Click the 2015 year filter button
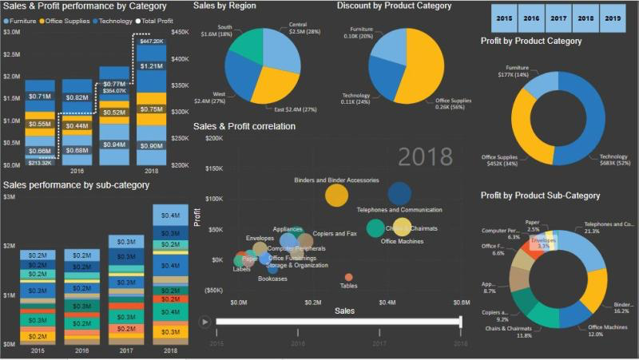tap(504, 17)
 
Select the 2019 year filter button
tap(611, 17)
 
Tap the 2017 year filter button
tap(558, 17)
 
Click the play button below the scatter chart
tap(205, 322)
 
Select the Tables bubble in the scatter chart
tap(348, 277)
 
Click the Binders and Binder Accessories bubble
tap(337, 195)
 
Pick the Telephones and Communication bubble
tap(399, 193)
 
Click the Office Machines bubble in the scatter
tap(375, 228)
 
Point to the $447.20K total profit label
tap(151, 41)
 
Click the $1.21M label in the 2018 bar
tap(151, 66)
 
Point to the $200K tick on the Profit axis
tap(212, 138)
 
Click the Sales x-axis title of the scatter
tap(344, 309)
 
